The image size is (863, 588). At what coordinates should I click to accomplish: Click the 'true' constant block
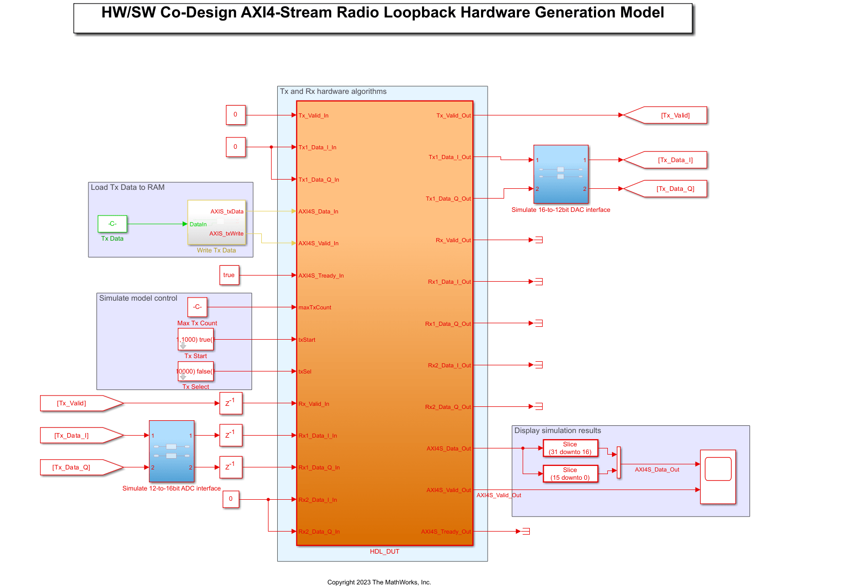(x=229, y=275)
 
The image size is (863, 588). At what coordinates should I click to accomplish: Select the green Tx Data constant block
(x=112, y=224)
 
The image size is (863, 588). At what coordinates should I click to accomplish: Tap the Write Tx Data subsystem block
(x=217, y=222)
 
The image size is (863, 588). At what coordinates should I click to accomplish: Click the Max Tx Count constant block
(x=197, y=307)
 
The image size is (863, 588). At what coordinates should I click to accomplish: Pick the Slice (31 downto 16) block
(x=570, y=448)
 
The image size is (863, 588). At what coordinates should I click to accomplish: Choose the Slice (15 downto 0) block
(x=570, y=474)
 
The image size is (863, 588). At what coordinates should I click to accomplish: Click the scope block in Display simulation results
(x=718, y=477)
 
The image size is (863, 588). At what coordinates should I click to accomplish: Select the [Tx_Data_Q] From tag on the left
(x=77, y=467)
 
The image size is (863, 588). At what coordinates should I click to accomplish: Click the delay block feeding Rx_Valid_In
(x=231, y=403)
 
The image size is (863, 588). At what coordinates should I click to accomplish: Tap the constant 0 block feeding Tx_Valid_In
(x=236, y=115)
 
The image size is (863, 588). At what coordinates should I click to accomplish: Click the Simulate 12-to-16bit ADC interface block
(x=171, y=451)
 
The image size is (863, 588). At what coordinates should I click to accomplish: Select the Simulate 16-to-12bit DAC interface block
(x=561, y=174)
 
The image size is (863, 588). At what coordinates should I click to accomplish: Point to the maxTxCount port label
(x=315, y=307)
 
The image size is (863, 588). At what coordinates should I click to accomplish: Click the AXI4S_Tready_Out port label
(x=446, y=532)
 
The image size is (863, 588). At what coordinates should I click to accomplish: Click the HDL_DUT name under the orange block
(x=385, y=552)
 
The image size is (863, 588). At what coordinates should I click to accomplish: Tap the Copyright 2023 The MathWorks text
(x=379, y=582)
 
